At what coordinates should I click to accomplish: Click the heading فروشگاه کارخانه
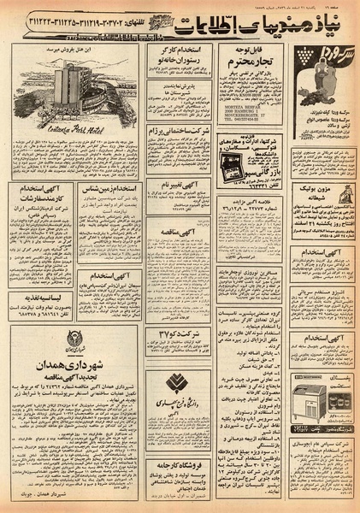(180, 442)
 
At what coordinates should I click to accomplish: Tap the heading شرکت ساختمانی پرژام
(180, 129)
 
